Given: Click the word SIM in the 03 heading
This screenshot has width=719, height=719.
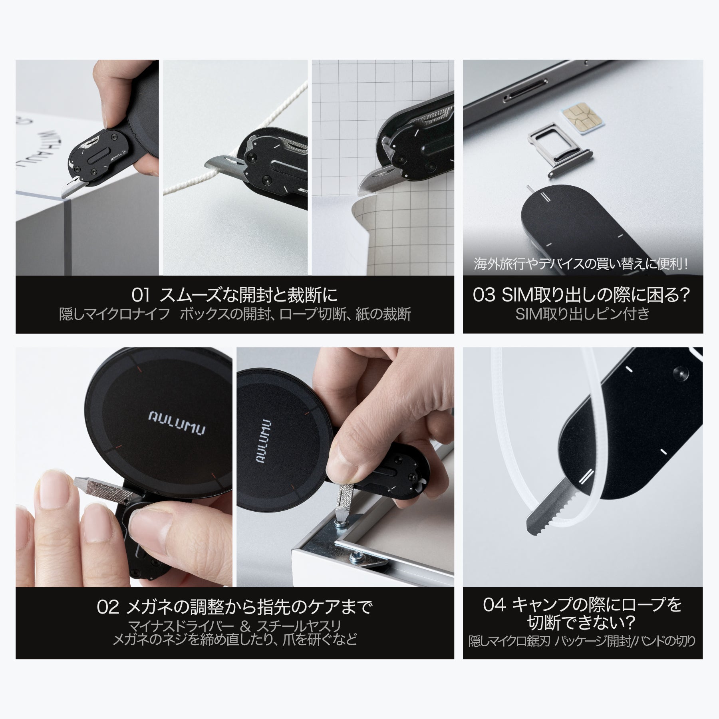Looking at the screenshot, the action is click(515, 295).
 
